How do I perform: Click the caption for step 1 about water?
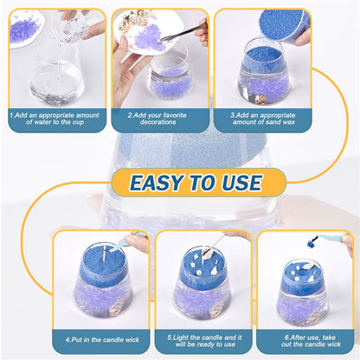click(x=57, y=119)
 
